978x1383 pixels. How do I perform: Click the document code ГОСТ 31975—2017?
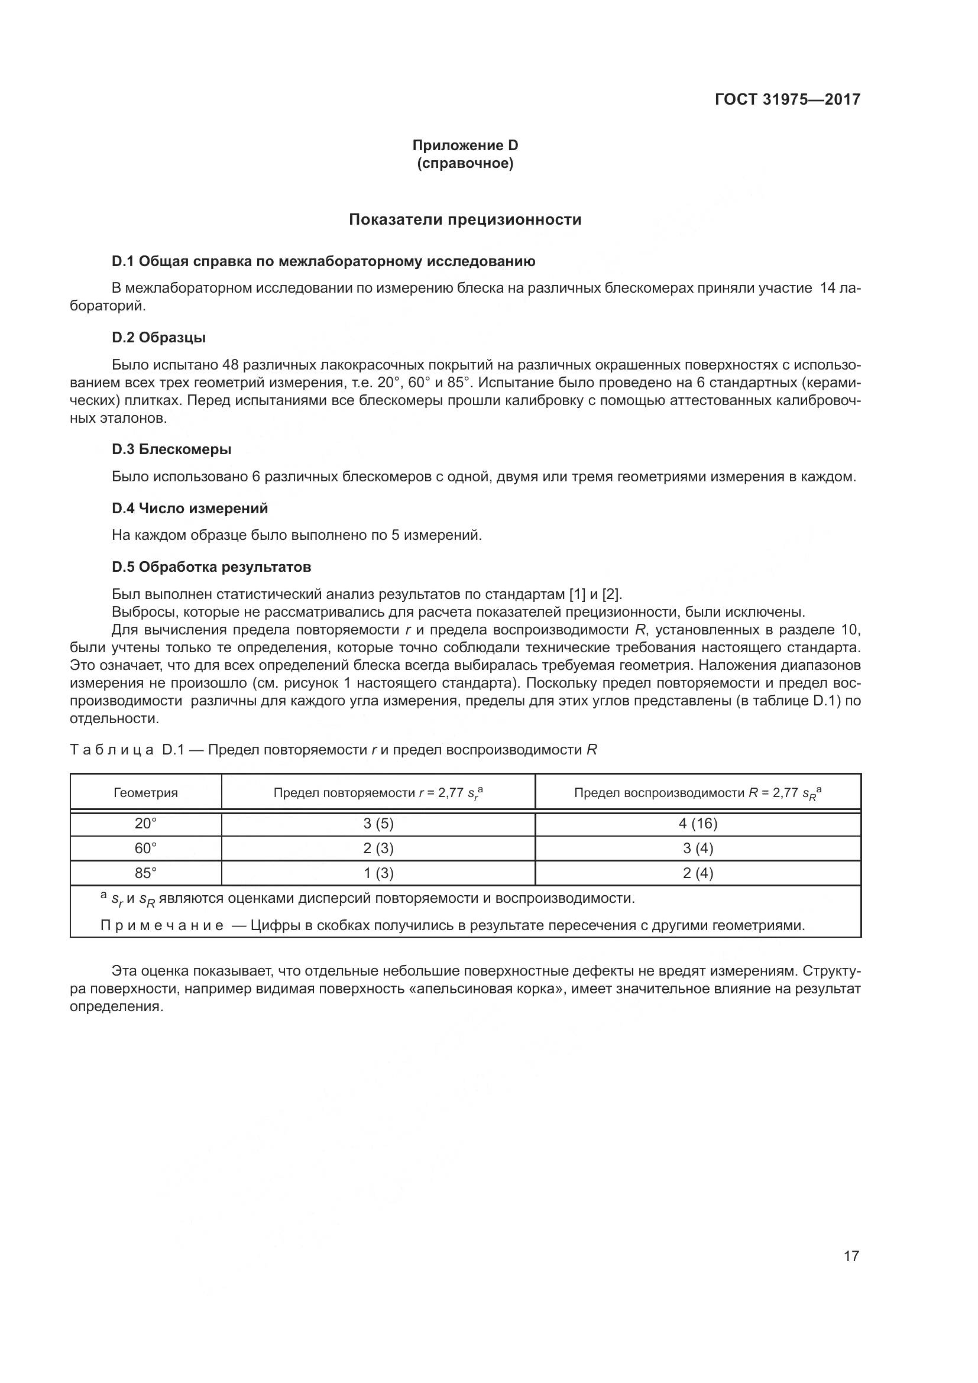coord(787,99)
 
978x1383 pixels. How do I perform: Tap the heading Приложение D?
coord(465,145)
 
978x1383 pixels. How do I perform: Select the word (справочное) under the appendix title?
coord(465,163)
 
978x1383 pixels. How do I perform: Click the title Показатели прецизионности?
coord(465,219)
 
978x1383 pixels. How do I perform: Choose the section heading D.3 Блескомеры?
coord(171,449)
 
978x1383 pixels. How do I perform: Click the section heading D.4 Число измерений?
coord(190,508)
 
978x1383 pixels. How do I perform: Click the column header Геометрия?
coord(145,793)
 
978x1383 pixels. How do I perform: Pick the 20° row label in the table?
coord(145,824)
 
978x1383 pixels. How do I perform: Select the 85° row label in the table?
coord(145,873)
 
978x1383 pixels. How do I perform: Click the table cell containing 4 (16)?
coord(698,824)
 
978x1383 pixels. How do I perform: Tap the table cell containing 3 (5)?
coord(378,824)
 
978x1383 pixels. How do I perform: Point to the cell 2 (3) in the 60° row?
coord(378,848)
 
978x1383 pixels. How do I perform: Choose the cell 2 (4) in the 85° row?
coord(698,873)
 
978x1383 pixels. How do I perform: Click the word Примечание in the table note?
coord(162,925)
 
